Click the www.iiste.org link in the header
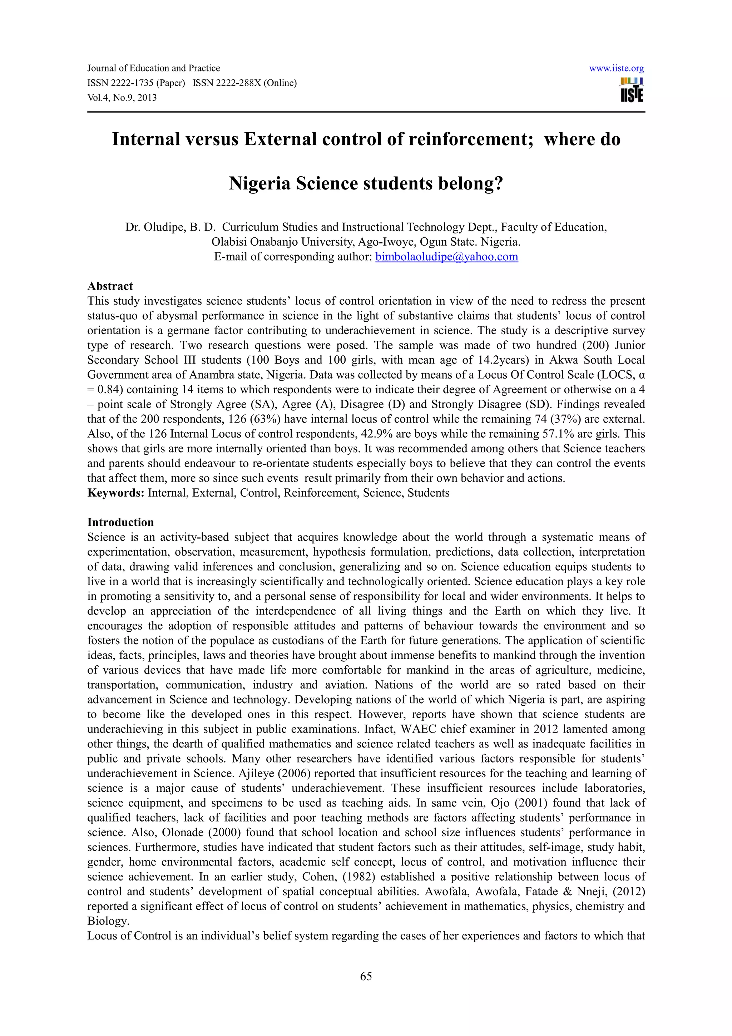point(616,69)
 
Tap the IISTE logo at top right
point(632,90)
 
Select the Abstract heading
point(110,286)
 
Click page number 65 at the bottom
point(366,976)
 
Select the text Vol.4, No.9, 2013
point(122,98)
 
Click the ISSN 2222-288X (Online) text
point(244,83)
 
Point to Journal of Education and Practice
point(153,69)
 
